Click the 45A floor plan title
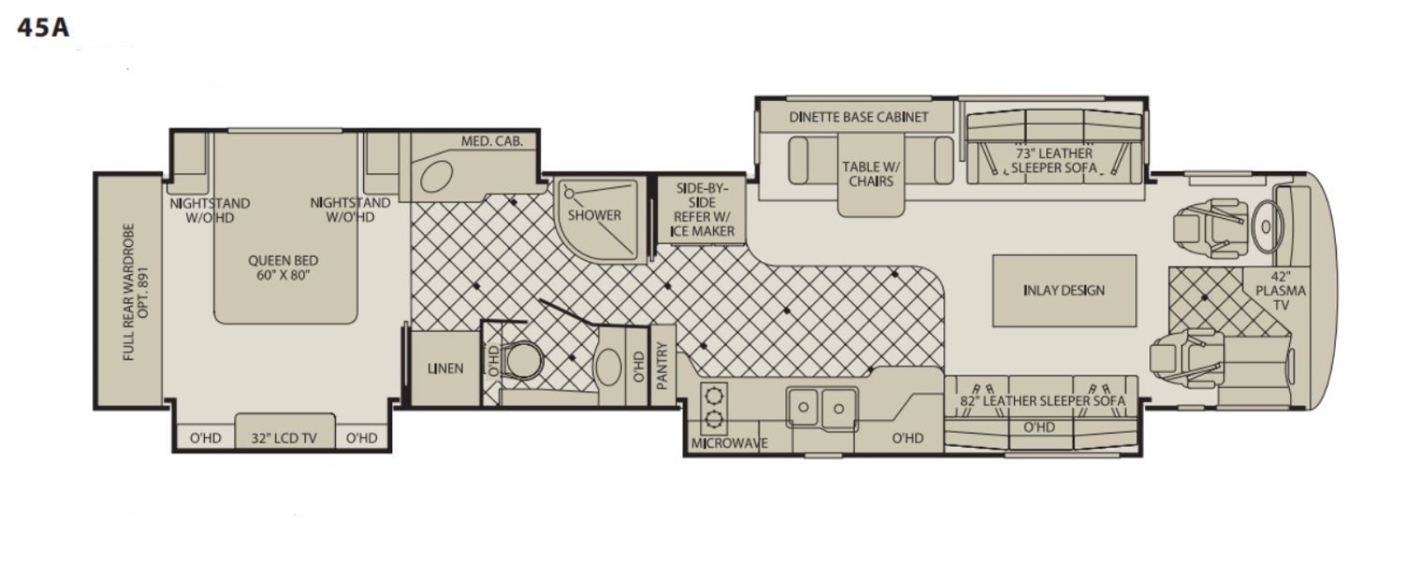click(43, 27)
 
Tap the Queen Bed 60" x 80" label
click(282, 267)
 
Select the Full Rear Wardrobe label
click(137, 292)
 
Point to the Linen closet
click(445, 369)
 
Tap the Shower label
click(594, 215)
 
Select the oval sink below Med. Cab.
click(436, 176)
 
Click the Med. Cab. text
click(492, 142)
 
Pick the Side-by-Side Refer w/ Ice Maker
click(701, 210)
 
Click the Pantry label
click(662, 366)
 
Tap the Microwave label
click(729, 443)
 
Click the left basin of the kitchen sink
click(804, 407)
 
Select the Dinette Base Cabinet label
click(858, 117)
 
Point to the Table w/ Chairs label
click(871, 174)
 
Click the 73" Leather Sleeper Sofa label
click(1054, 160)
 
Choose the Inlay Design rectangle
click(1064, 290)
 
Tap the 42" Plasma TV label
click(1280, 291)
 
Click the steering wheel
click(1265, 226)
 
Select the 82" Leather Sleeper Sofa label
click(1043, 400)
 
